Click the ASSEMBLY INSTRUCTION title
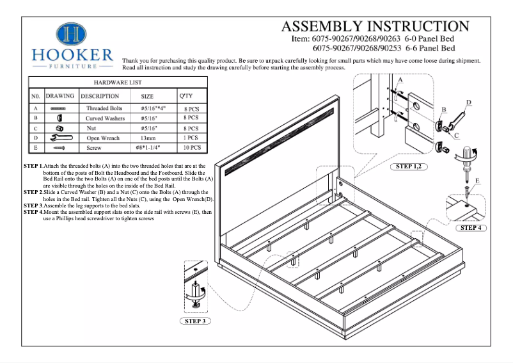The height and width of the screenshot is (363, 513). coord(375,26)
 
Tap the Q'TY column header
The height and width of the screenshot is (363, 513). coord(185,95)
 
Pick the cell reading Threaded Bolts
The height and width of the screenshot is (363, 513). coord(104,109)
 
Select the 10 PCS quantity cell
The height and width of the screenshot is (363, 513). coord(191,147)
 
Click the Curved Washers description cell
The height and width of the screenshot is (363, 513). coord(104,118)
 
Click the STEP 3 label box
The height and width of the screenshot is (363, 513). coord(194,321)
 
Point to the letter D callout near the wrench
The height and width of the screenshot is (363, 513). coord(469,102)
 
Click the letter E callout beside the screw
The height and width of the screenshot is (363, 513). coord(478,181)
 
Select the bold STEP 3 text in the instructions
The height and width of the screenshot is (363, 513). coord(33,206)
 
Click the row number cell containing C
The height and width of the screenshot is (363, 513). coord(36,128)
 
